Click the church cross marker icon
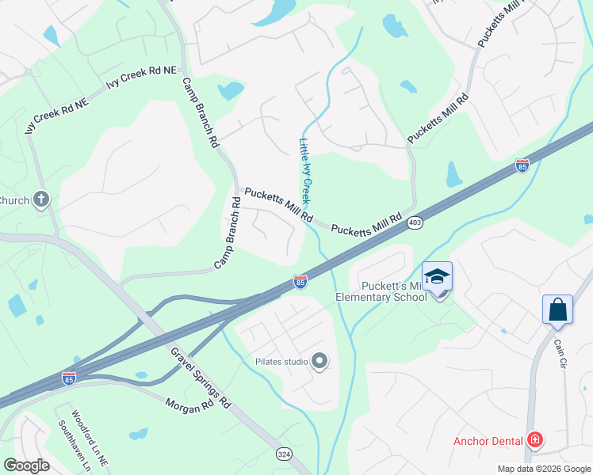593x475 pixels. tap(42, 199)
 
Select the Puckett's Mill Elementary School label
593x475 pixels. tap(394, 291)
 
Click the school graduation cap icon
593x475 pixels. tap(437, 276)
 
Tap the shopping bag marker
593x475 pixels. tap(557, 310)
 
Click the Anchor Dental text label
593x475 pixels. tap(487, 441)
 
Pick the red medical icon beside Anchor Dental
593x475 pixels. tap(536, 440)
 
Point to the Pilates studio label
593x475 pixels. tap(281, 362)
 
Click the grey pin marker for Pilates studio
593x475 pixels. tap(319, 362)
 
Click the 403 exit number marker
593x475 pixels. tap(415, 223)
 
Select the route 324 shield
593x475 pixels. tap(283, 454)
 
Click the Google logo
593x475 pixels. tap(26, 465)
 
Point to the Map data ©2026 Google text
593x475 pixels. tap(544, 469)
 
